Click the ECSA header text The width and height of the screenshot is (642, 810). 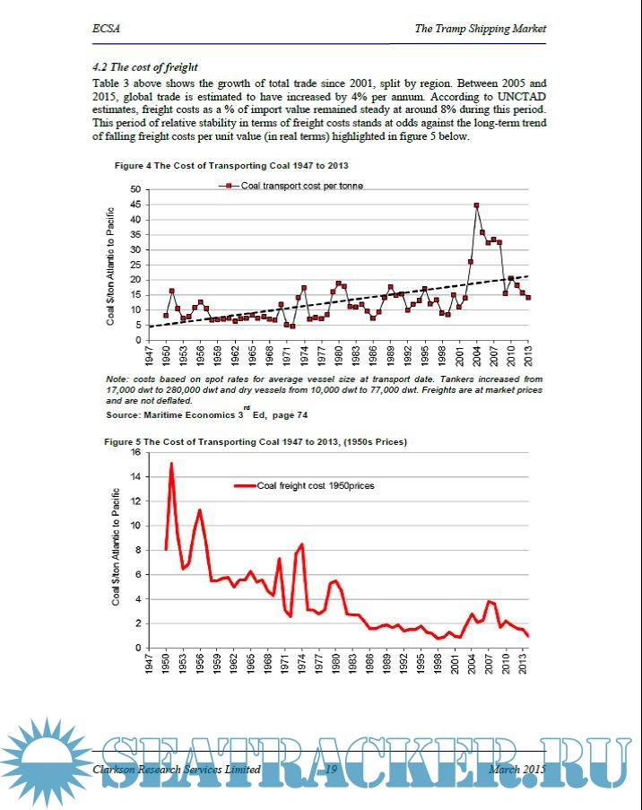click(x=106, y=29)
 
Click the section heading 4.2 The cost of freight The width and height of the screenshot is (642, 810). click(x=145, y=67)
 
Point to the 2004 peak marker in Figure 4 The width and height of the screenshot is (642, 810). click(x=476, y=205)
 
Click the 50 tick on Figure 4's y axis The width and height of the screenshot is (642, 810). click(x=136, y=189)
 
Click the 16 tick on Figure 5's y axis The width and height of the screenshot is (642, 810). click(x=136, y=452)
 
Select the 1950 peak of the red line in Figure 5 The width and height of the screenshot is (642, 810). click(x=171, y=464)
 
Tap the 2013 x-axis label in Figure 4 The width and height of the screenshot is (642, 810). click(x=527, y=353)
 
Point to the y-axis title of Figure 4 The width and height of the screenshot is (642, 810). click(x=112, y=266)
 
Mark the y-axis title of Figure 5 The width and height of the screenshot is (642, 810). click(x=117, y=546)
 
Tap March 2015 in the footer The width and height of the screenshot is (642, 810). click(x=517, y=770)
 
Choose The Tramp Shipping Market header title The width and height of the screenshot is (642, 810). click(x=480, y=29)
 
